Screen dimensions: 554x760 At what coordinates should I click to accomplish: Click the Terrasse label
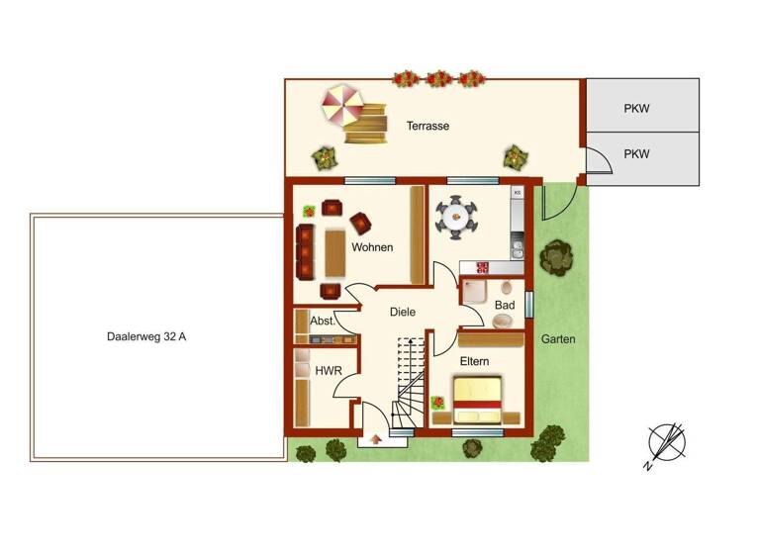point(427,127)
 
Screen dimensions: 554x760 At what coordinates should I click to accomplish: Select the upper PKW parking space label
point(636,109)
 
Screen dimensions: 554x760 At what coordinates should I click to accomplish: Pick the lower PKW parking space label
point(636,154)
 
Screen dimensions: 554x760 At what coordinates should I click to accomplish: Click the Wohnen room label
point(373,247)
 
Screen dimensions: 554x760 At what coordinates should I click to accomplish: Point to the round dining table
point(456,217)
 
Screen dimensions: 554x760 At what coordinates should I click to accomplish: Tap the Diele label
point(402,312)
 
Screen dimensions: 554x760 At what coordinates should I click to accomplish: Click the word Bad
point(504,306)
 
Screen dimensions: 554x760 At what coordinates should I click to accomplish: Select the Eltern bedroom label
point(474,361)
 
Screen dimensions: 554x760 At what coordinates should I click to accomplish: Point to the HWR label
point(328,371)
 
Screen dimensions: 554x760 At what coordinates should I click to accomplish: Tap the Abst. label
point(323,322)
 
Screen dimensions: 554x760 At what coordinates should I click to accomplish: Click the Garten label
point(558,339)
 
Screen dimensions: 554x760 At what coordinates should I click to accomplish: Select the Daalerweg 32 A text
point(146,336)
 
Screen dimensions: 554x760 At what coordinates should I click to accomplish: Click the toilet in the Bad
point(507,288)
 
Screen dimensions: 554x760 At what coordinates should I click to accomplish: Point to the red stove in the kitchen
point(483,266)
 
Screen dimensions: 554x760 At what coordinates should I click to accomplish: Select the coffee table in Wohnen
point(335,251)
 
